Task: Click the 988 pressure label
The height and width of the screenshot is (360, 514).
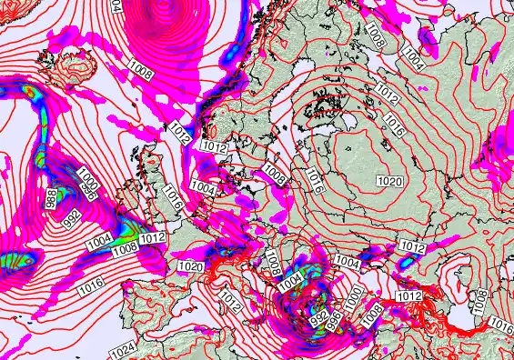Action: click(51, 197)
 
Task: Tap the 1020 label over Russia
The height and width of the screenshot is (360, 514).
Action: click(388, 182)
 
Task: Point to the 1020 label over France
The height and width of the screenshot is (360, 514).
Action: click(191, 267)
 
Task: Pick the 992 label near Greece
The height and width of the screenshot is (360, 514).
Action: click(319, 316)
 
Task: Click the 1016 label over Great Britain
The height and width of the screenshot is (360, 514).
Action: click(174, 194)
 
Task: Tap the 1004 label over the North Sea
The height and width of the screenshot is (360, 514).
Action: click(204, 189)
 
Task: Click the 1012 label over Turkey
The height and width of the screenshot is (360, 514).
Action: click(409, 296)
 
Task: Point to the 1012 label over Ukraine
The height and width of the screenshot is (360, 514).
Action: click(413, 247)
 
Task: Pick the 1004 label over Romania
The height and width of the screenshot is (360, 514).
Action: click(347, 262)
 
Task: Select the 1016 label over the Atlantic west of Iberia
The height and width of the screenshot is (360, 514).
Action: click(89, 288)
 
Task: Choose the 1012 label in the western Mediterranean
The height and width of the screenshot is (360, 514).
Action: click(229, 299)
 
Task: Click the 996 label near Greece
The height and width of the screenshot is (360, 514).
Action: click(335, 318)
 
